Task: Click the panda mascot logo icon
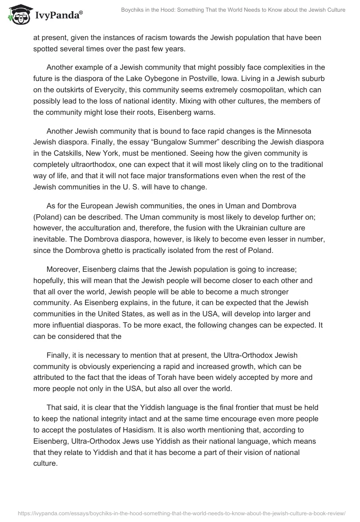pos(18,15)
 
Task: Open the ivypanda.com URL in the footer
pos(180,513)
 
